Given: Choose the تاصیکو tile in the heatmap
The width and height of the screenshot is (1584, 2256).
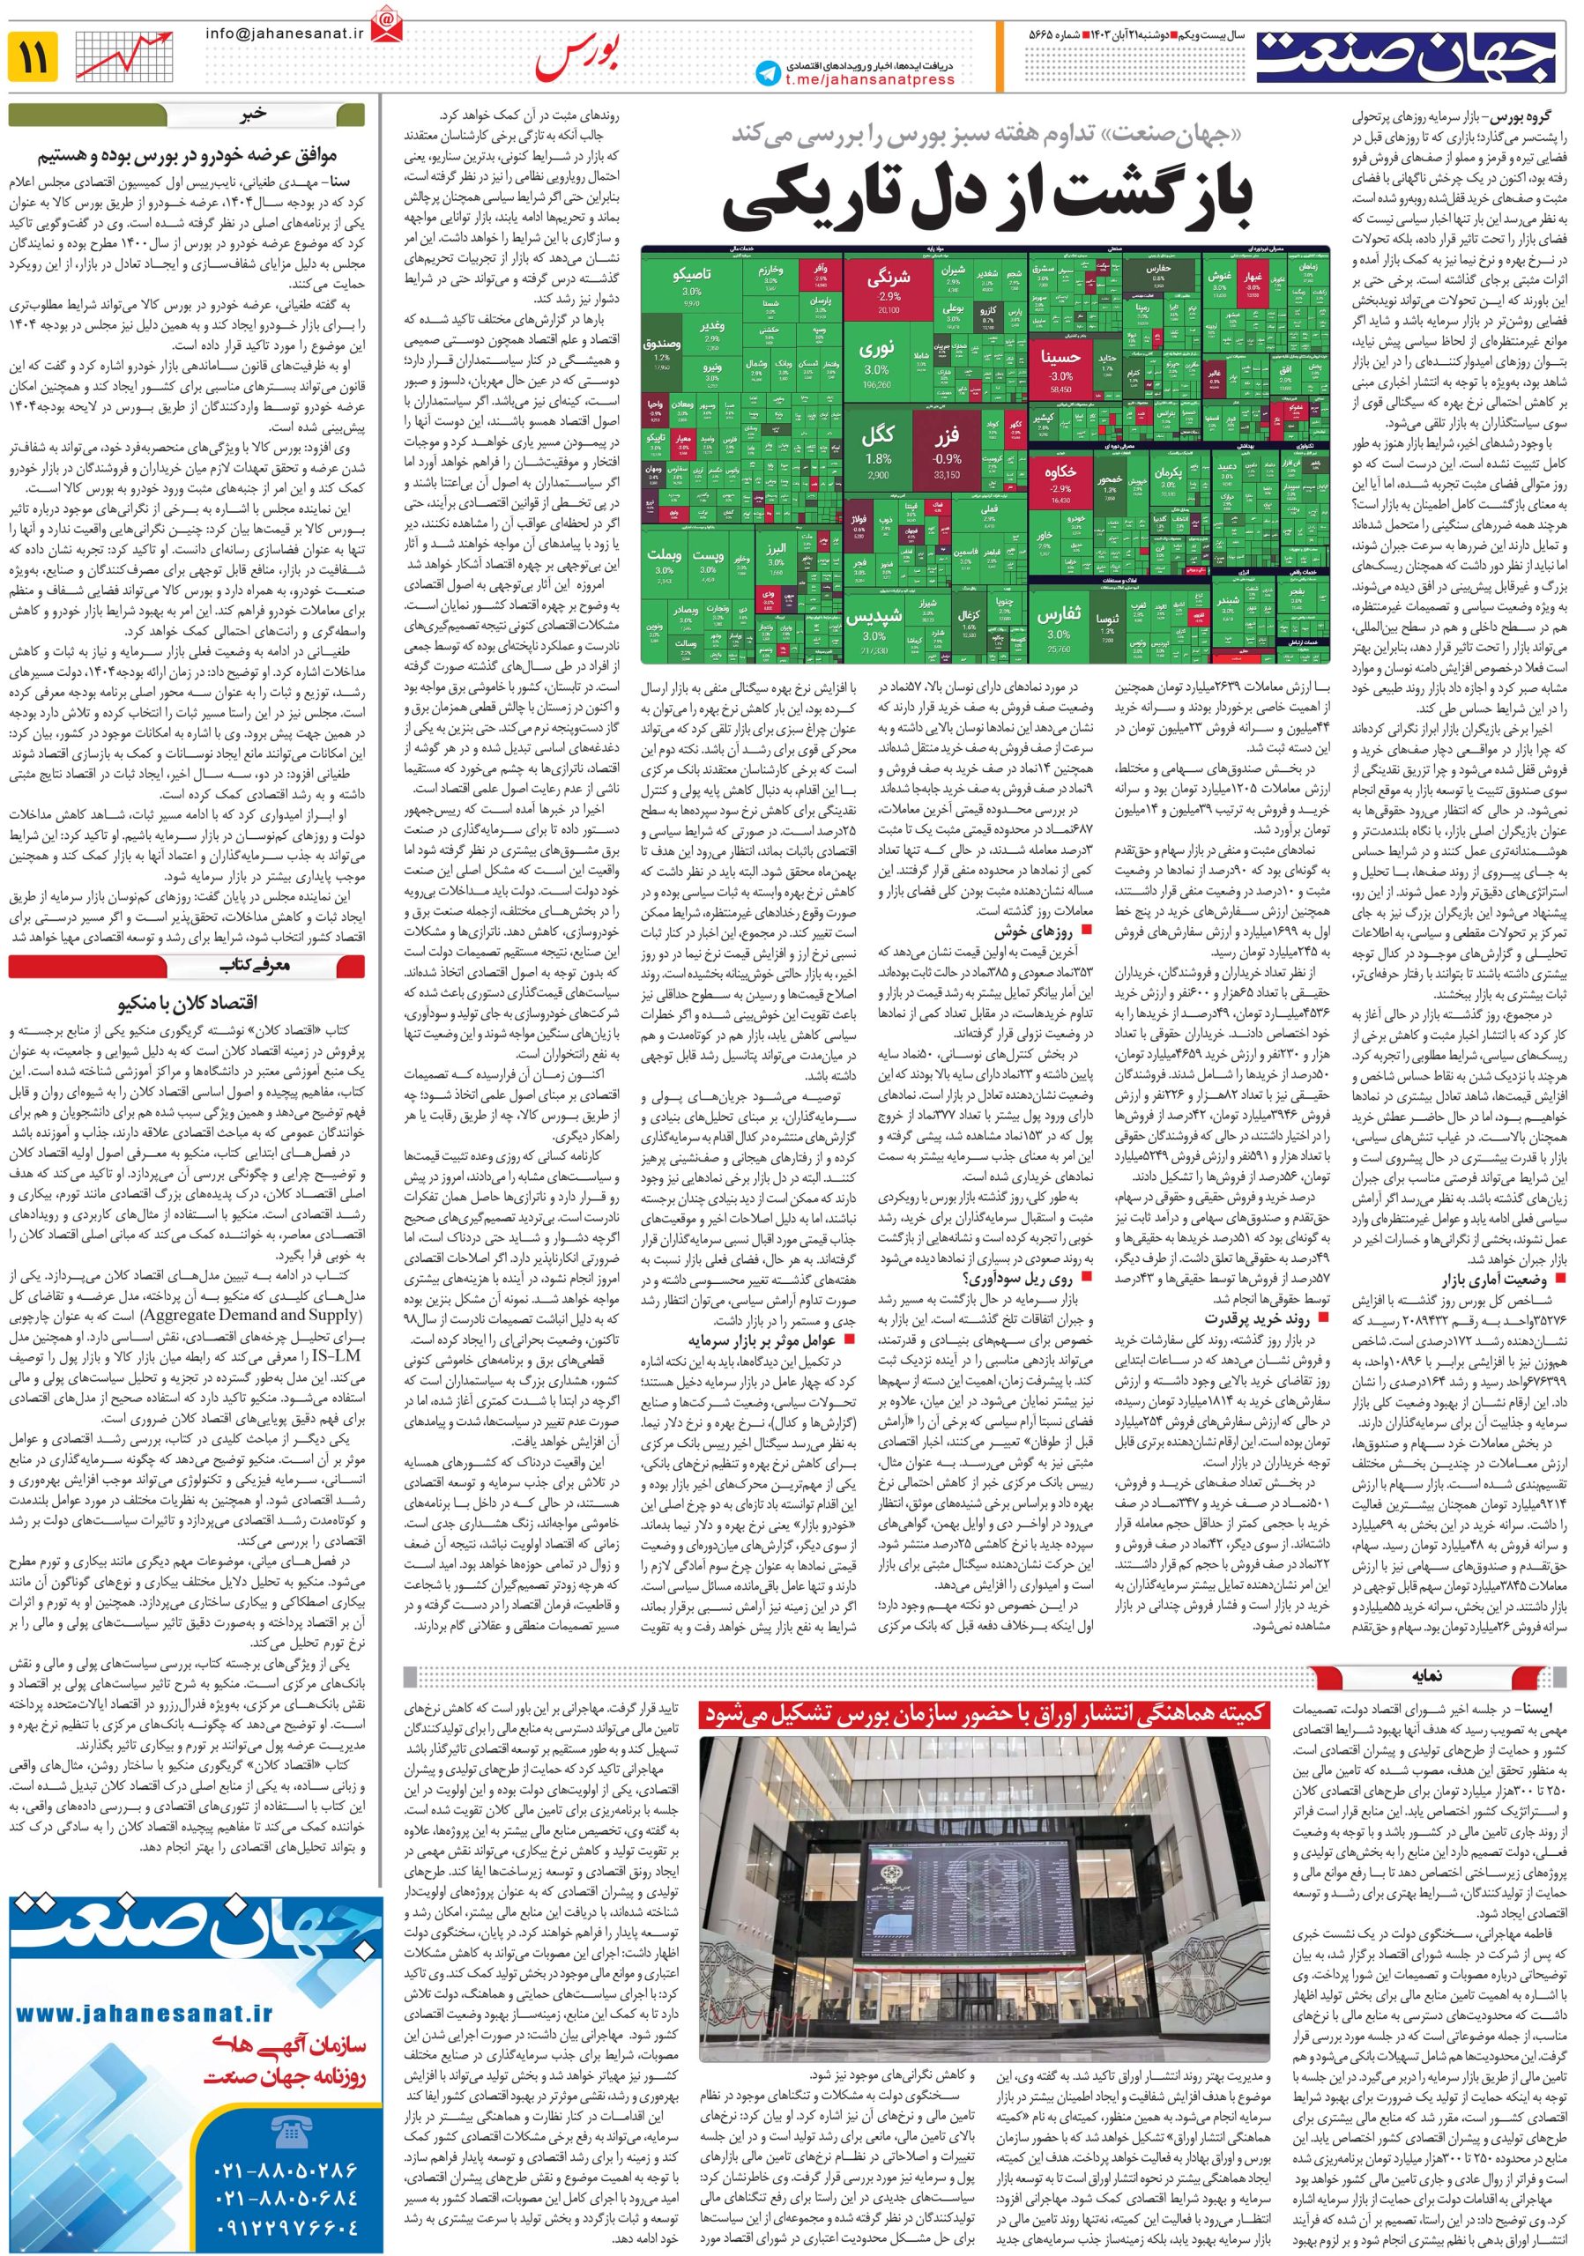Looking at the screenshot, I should [691, 281].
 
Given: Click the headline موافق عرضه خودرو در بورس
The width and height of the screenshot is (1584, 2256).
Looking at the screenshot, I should [188, 155].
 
